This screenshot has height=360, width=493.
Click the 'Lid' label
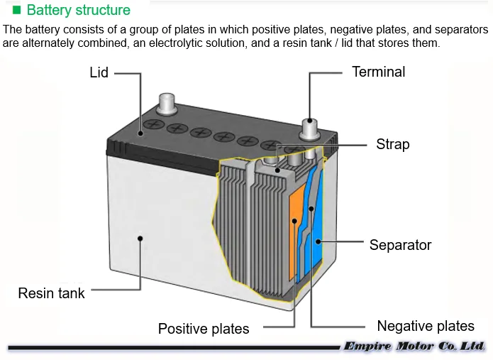tap(99, 72)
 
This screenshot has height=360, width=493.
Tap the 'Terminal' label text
tap(379, 72)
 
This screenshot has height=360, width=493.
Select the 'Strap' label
tap(392, 144)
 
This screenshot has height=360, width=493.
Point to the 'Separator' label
tap(400, 245)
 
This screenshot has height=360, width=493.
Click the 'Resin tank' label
tap(51, 293)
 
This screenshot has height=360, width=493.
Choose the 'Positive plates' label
tap(204, 329)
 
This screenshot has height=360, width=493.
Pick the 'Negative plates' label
tap(426, 326)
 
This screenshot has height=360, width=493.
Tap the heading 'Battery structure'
tap(79, 11)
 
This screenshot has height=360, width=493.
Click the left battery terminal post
tap(167, 104)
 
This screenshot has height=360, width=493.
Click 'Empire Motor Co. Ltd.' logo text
tap(414, 347)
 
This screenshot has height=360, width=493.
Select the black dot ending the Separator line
tap(321, 242)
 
